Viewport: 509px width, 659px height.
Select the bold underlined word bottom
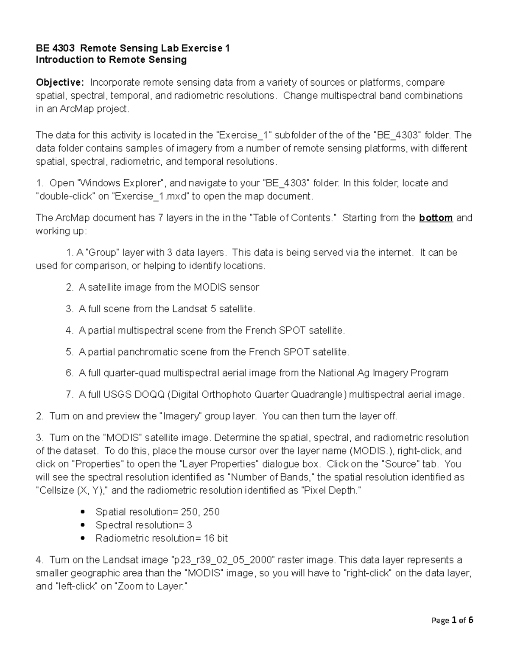[436, 218]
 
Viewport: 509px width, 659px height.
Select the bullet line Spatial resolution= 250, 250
[157, 512]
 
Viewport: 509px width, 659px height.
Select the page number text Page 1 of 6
[452, 620]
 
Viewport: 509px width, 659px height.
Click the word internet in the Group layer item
[394, 252]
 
